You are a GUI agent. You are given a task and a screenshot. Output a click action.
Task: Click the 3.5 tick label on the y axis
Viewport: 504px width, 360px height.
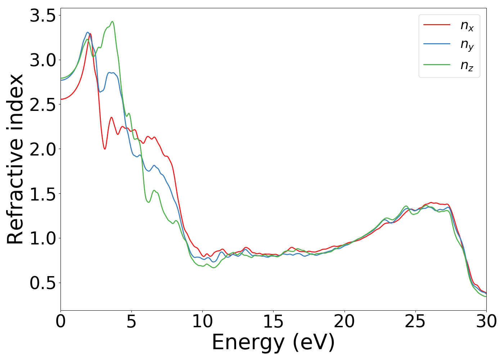43,16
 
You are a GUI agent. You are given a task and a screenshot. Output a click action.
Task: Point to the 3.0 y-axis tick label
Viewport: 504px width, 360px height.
43,60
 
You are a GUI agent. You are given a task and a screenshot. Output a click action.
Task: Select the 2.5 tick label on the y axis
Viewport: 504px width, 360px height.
43,105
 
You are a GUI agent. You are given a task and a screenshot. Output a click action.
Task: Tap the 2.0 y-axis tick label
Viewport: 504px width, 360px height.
43,149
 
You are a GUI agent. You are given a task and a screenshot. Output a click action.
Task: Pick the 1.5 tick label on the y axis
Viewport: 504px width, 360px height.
43,194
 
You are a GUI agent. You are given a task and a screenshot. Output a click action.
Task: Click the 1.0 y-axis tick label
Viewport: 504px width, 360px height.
43,238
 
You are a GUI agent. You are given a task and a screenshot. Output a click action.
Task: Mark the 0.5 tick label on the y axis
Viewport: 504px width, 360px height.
43,283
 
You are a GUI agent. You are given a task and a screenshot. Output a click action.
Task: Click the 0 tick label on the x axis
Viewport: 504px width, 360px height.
60,321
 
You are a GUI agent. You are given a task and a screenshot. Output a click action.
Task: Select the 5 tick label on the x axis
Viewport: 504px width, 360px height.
131,321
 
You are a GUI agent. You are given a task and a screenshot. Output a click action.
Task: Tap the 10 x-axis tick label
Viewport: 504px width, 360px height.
202,321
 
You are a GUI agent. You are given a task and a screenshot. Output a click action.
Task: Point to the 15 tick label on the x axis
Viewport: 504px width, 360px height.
273,321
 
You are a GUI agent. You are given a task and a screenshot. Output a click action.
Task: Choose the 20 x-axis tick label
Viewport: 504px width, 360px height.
345,321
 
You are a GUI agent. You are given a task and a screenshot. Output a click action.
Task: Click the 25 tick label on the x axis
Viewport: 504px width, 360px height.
415,321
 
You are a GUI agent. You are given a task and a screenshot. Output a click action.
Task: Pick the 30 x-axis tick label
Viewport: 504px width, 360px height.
486,321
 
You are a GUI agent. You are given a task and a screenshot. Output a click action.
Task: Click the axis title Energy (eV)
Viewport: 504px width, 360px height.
273,342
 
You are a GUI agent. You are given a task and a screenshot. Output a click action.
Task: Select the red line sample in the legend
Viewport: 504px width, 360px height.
437,24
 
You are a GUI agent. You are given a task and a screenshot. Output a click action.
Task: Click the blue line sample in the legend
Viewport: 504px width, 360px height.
437,44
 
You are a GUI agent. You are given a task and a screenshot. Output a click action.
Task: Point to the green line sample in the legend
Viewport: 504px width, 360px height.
437,65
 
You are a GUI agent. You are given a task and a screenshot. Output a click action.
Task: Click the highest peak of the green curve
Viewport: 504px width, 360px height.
112,22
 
